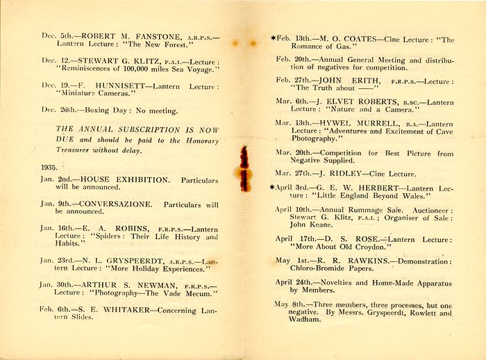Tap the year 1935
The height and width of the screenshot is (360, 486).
click(x=49, y=167)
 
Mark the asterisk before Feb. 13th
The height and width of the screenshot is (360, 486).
click(x=273, y=39)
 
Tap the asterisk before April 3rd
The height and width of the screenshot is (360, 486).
click(x=273, y=187)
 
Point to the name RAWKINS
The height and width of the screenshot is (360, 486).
click(x=348, y=261)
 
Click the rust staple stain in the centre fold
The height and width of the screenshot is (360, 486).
click(x=244, y=168)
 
